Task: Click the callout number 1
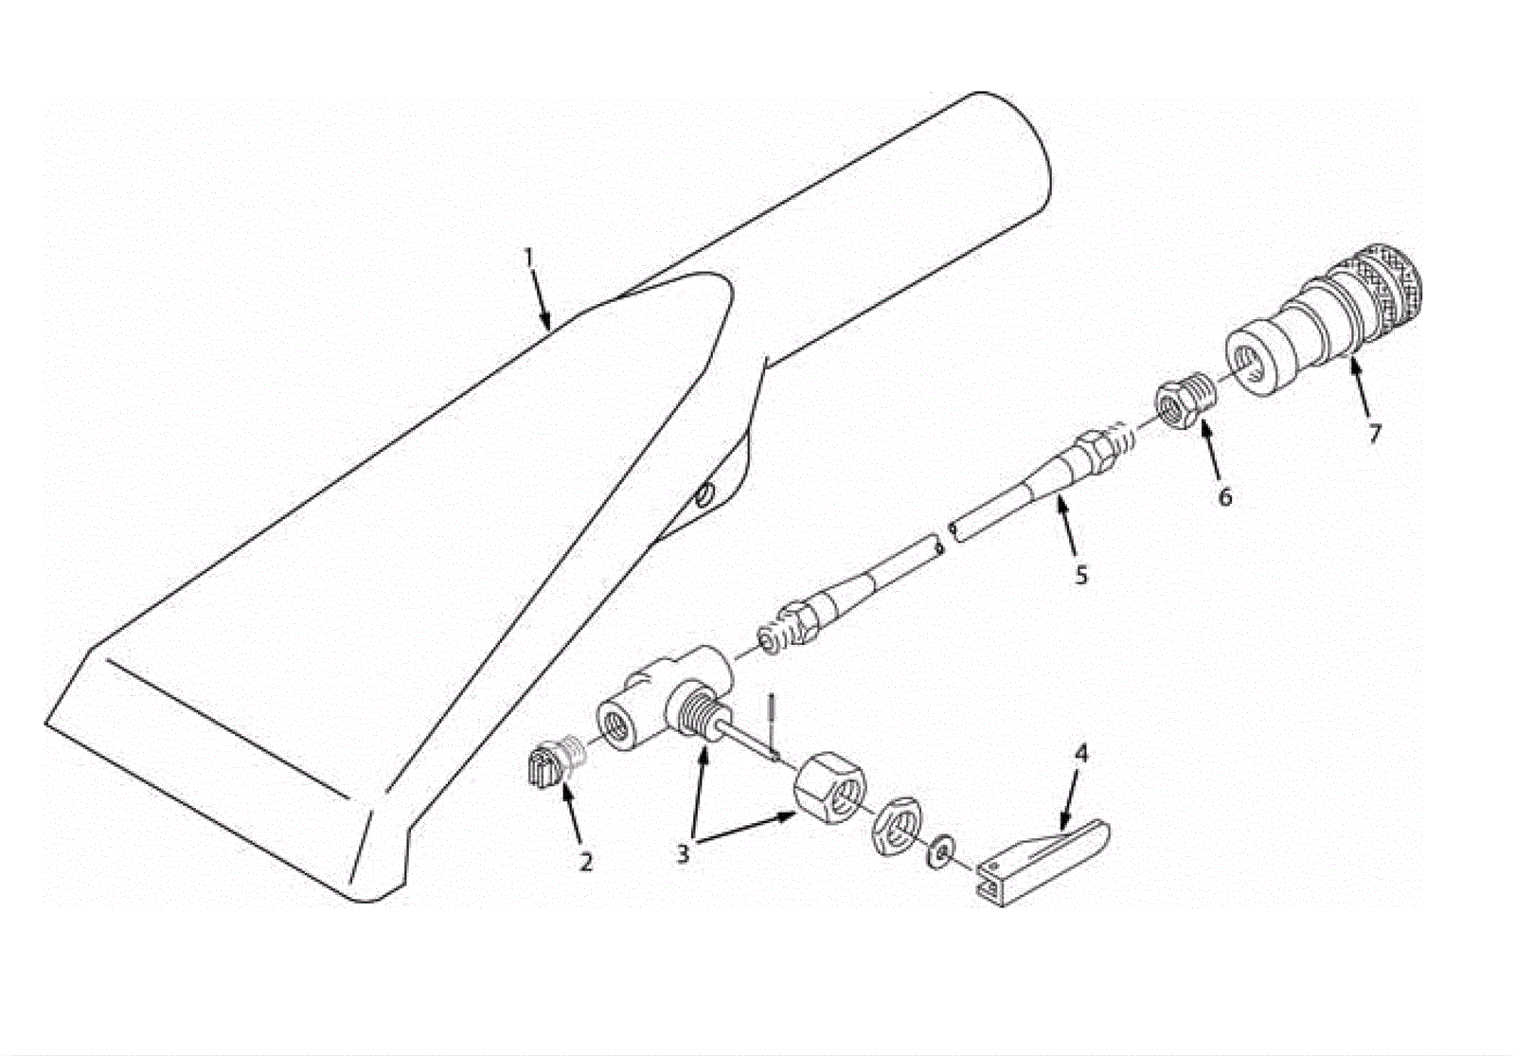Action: point(529,258)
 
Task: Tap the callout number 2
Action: point(586,862)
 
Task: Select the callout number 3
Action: point(683,854)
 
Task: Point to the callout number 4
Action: point(1081,754)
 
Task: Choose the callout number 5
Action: point(1081,575)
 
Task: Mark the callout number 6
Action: point(1225,497)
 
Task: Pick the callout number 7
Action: point(1374,434)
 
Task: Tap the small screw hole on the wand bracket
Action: point(704,496)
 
